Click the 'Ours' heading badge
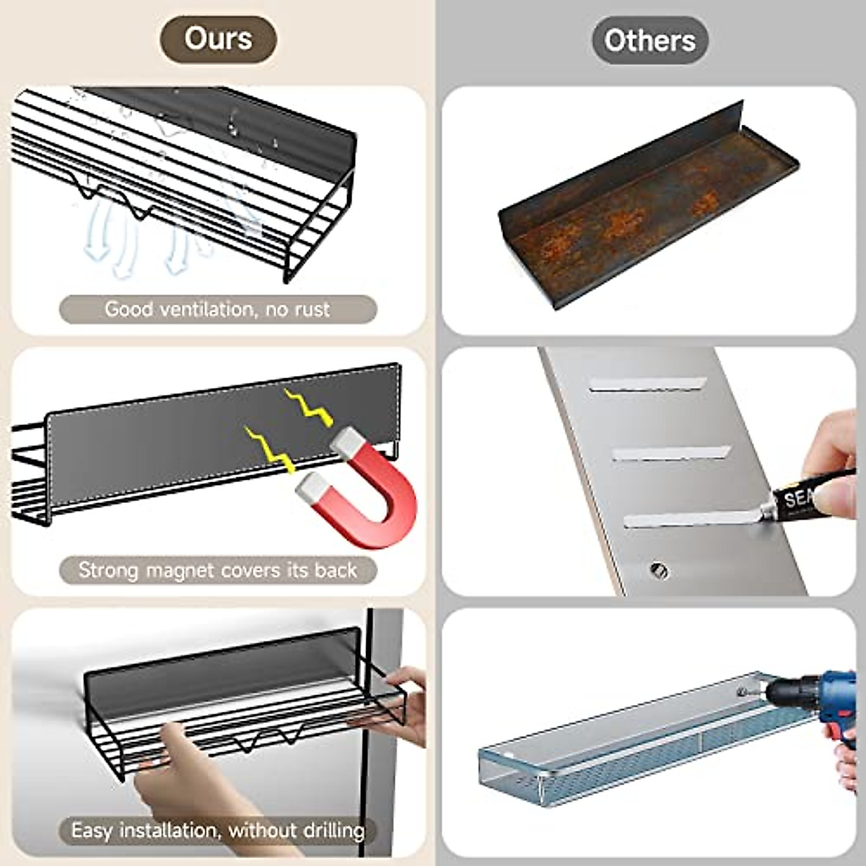218,39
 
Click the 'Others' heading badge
649,40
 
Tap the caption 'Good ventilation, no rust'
217,310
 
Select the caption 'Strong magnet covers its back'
217,570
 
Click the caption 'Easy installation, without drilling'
217,831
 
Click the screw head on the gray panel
659,571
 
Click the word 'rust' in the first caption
311,310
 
